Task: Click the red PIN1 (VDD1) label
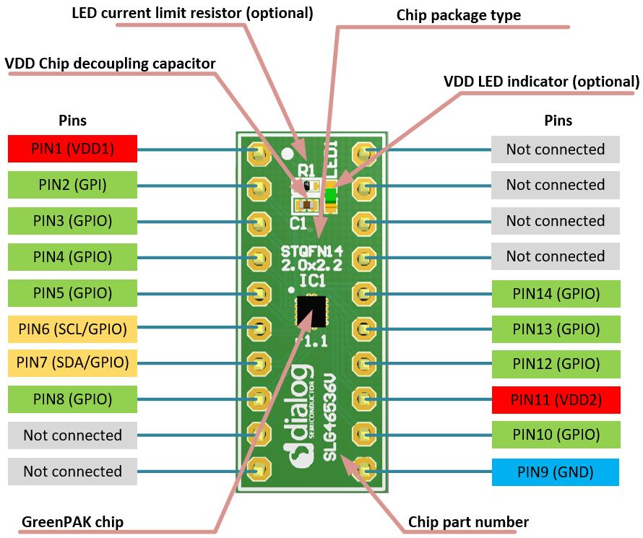tap(72, 149)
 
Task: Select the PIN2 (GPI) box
tap(72, 185)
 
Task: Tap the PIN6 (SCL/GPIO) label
tap(72, 329)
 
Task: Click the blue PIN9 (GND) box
tap(555, 472)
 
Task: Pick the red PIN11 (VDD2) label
tap(555, 399)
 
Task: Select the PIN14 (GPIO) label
tap(555, 293)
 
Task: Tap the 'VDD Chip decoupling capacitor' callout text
tap(110, 64)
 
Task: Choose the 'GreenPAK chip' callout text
tap(72, 521)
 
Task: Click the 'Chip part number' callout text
tap(467, 521)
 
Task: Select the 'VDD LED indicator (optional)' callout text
tap(541, 82)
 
